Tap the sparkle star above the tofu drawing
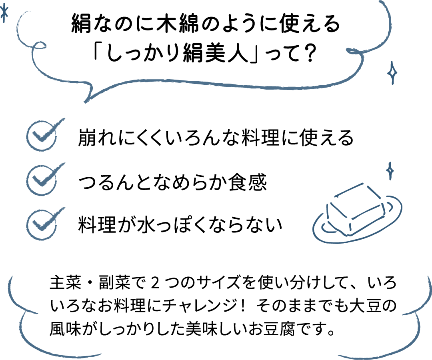(389, 171)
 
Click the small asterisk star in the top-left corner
(5, 14)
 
